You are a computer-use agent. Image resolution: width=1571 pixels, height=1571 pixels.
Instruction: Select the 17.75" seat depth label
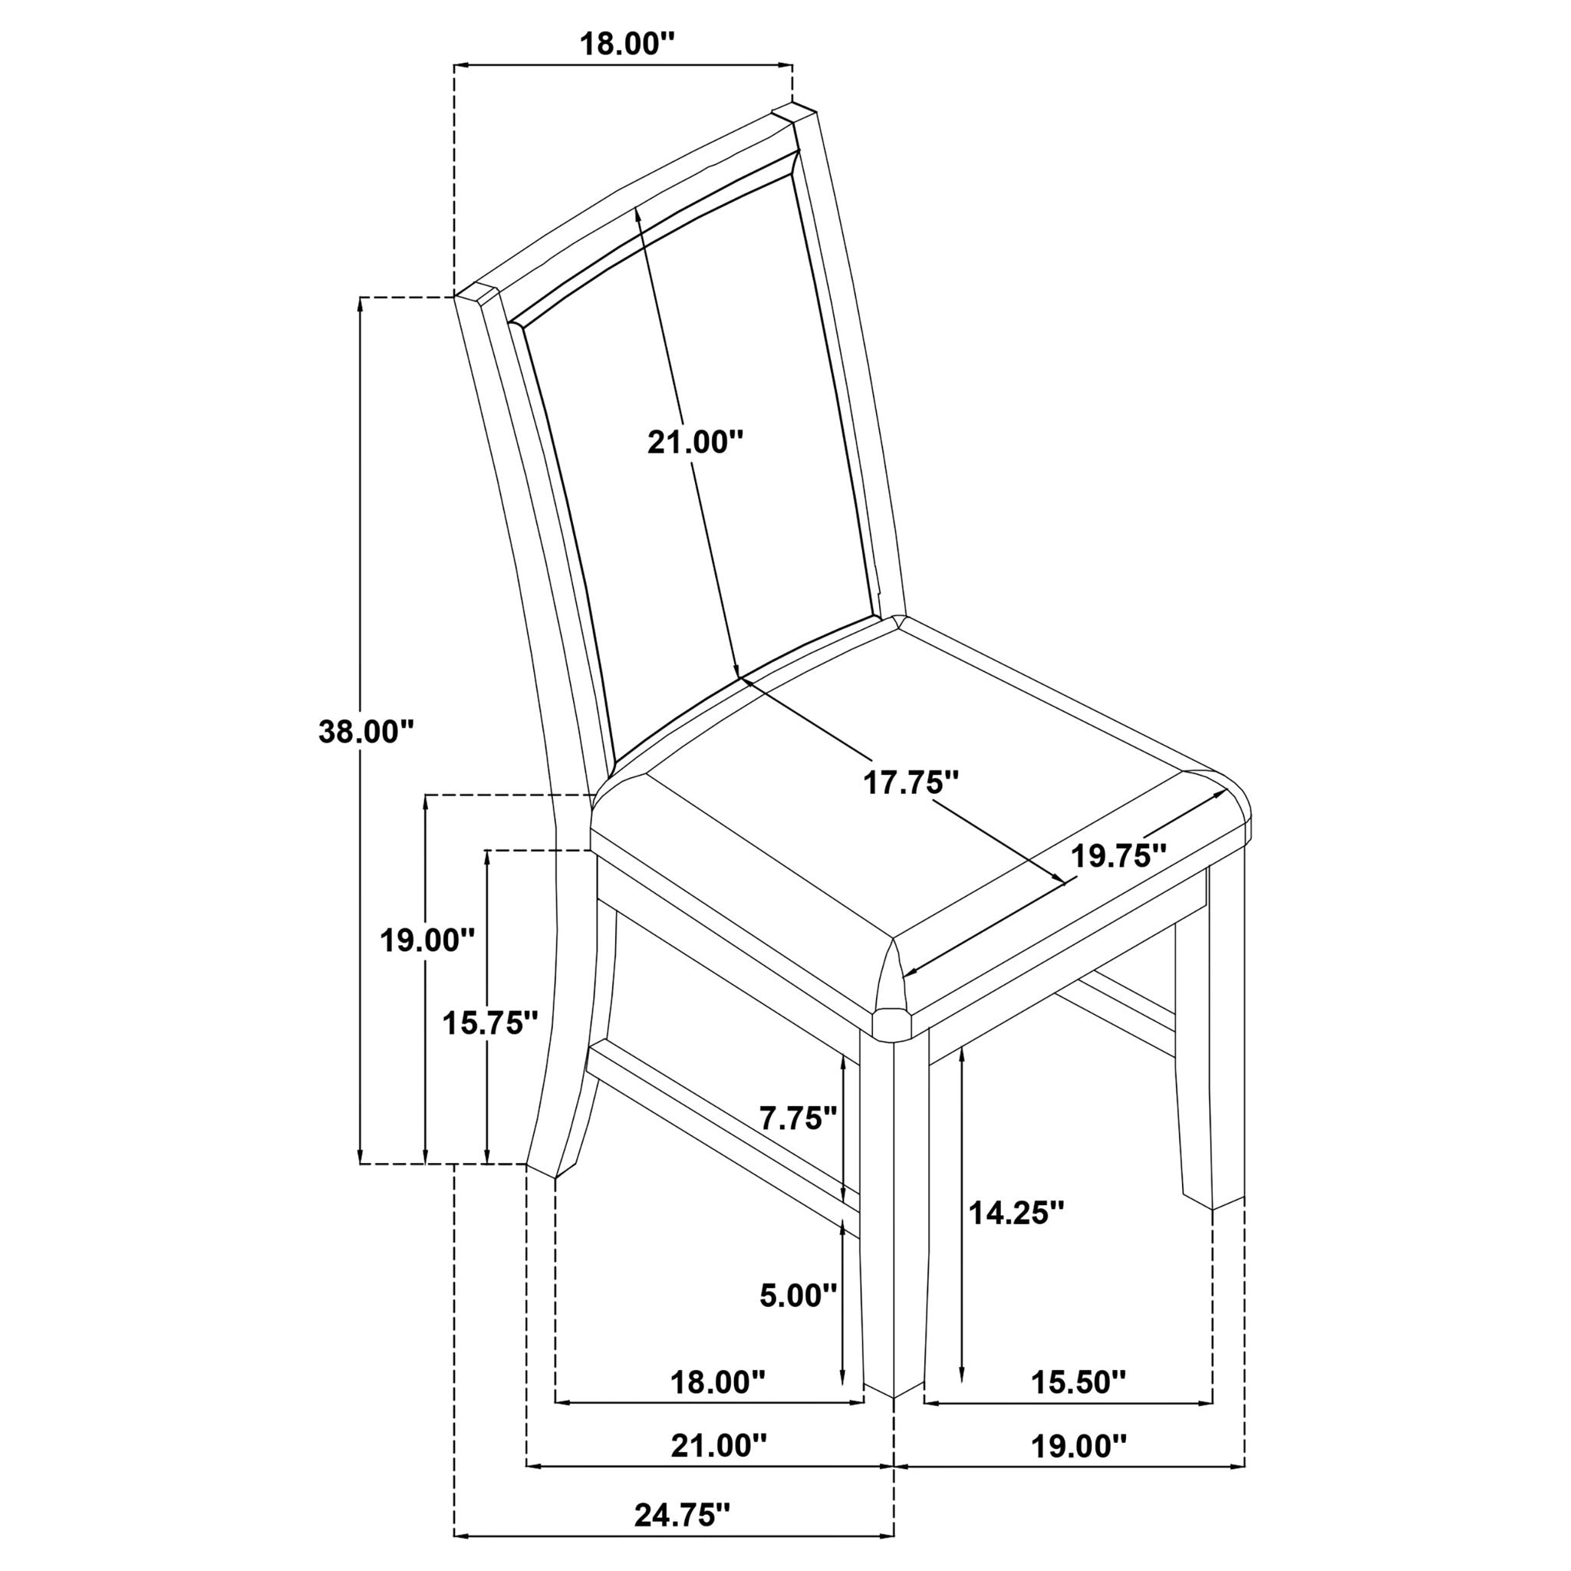911,783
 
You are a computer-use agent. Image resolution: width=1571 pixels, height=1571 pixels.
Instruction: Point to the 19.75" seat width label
1118,856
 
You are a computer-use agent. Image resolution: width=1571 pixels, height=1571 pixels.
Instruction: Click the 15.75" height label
489,1023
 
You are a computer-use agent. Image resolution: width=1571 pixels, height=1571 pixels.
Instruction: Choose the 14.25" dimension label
1016,1236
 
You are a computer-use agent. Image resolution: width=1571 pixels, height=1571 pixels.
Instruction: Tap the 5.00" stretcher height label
798,1318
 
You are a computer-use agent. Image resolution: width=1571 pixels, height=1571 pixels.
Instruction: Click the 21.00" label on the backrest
695,443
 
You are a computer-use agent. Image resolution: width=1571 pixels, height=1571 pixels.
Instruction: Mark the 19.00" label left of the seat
428,940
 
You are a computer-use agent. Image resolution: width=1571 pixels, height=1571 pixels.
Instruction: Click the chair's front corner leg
894,1220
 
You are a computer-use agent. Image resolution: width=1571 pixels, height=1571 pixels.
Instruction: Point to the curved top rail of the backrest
634,203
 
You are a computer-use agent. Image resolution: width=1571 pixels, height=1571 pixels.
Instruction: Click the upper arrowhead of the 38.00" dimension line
361,302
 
